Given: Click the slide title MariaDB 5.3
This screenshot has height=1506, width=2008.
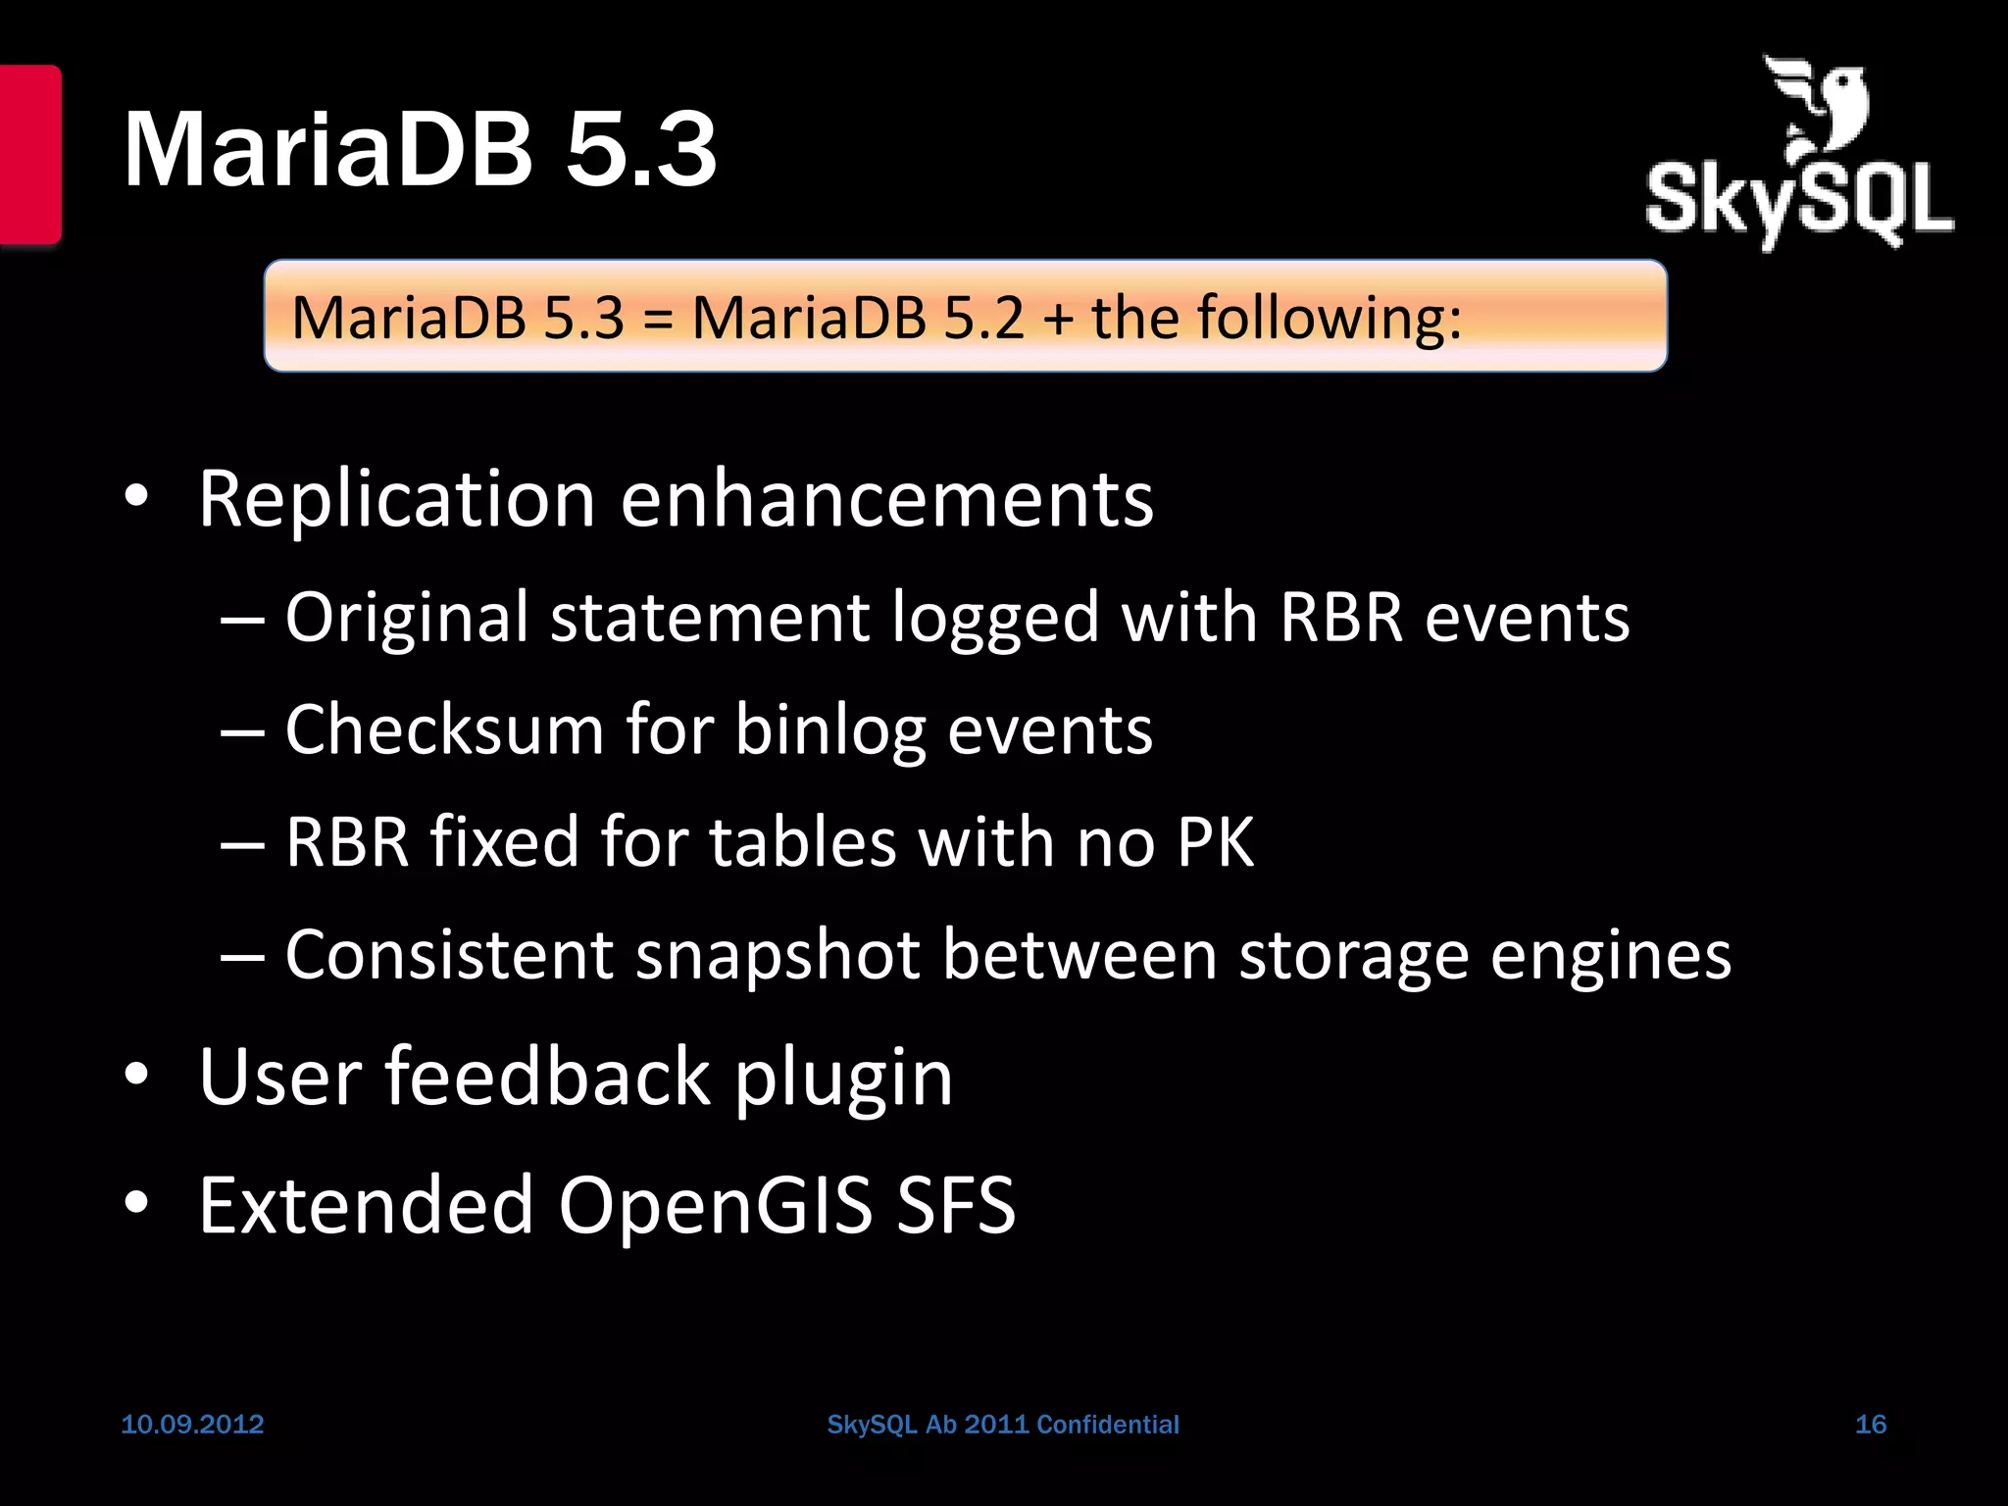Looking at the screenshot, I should [x=420, y=149].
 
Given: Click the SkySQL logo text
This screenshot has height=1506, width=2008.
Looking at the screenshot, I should [x=1799, y=201].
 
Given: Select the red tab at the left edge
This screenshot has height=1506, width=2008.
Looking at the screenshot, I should [x=30, y=154].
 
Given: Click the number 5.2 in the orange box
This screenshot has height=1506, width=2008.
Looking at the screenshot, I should [x=983, y=318].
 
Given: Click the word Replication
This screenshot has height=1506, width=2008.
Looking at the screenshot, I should [x=397, y=499].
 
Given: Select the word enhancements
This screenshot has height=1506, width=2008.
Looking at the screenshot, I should [x=887, y=499].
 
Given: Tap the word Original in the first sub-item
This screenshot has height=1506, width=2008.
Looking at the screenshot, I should [x=406, y=618].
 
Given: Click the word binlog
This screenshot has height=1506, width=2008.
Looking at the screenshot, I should [x=829, y=731].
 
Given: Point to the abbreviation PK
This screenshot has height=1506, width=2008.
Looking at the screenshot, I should [x=1215, y=842].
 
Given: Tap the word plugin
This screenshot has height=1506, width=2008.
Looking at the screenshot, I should [x=843, y=1079].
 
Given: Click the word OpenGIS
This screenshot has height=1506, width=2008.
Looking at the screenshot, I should [x=715, y=1205].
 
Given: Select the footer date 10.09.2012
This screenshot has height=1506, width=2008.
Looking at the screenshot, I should [x=192, y=1424].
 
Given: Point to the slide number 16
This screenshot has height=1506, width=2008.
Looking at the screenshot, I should [x=1870, y=1424].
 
